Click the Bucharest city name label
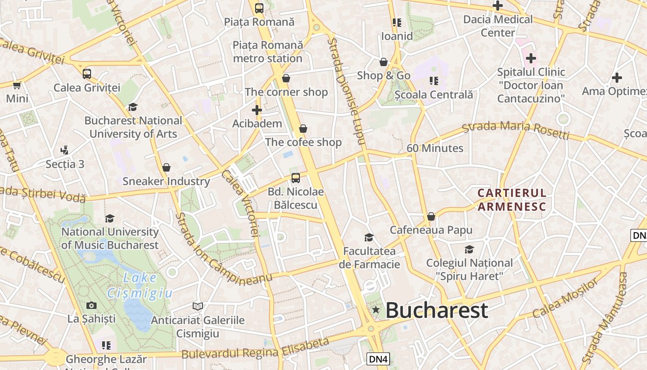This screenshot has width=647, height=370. tap(436, 310)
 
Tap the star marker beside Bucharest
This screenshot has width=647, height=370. tap(376, 309)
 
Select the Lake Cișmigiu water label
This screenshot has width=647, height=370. tap(140, 285)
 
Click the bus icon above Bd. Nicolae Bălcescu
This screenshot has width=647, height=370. tap(295, 178)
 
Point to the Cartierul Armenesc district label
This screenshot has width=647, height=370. tap(512, 199)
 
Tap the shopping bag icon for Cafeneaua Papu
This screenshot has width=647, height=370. tap(431, 216)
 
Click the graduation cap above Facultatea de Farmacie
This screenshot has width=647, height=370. tap(369, 237)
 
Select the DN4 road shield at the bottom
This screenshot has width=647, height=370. tap(378, 358)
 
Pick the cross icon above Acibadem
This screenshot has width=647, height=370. tap(257, 110)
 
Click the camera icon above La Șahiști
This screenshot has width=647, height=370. tap(92, 305)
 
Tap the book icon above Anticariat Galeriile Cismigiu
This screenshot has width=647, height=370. tap(198, 306)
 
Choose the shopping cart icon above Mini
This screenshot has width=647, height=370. tap(17, 85)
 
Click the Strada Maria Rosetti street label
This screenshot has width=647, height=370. tap(516, 129)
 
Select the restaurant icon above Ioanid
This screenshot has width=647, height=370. tap(397, 22)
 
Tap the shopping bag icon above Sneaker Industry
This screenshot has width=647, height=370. tap(166, 167)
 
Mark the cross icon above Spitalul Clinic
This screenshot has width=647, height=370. tap(531, 58)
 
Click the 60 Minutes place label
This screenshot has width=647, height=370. tap(434, 148)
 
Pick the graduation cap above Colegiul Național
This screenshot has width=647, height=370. tap(469, 249)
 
